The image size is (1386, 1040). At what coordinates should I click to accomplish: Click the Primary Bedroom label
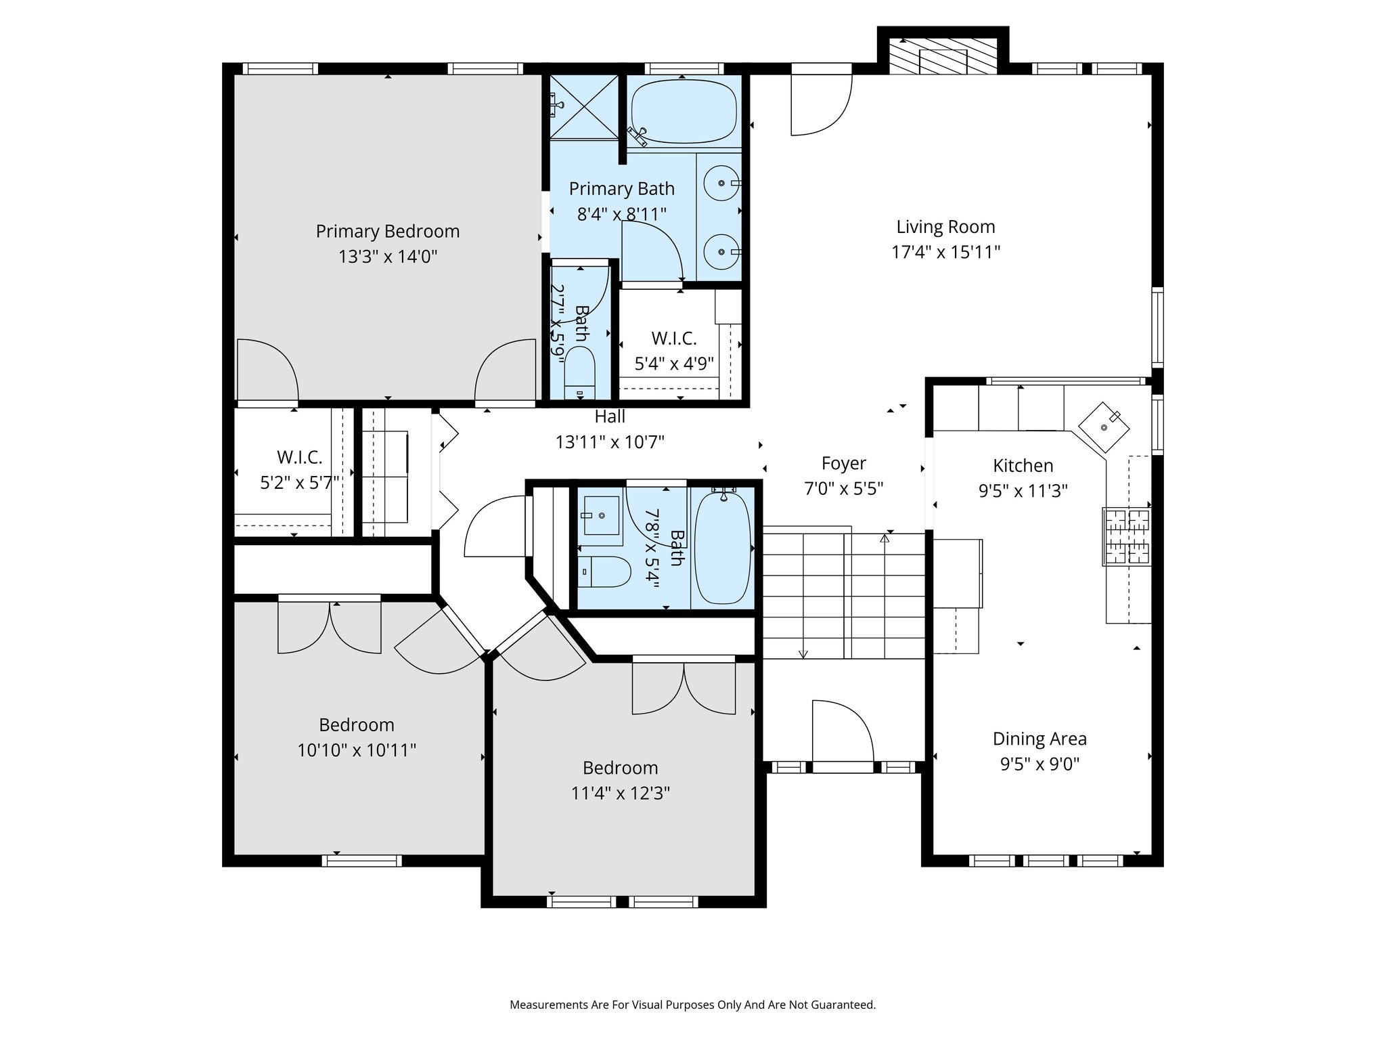coord(387,232)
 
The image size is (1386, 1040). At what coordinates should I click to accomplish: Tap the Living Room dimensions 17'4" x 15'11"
coord(945,252)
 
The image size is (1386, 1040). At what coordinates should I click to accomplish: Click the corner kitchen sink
coord(1104,427)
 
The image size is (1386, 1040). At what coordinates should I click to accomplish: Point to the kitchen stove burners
coord(1127,536)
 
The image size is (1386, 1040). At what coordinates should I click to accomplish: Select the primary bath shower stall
coord(583,106)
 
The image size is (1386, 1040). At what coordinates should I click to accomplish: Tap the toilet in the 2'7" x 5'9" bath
coord(579,372)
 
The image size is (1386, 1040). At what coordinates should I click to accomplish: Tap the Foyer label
coord(843,463)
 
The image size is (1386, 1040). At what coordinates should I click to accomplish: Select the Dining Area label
coord(1039,739)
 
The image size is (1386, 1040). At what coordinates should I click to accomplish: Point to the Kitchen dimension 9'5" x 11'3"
coord(1023,490)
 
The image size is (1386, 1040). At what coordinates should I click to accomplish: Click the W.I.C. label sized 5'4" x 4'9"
coord(673,338)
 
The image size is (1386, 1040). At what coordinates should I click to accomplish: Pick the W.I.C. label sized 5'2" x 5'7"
coord(299,457)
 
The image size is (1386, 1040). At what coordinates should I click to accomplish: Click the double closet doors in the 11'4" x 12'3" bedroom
coord(684,687)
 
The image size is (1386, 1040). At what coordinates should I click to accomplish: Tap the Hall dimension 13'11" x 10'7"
coord(610,442)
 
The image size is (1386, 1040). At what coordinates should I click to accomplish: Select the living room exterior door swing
coord(820,105)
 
